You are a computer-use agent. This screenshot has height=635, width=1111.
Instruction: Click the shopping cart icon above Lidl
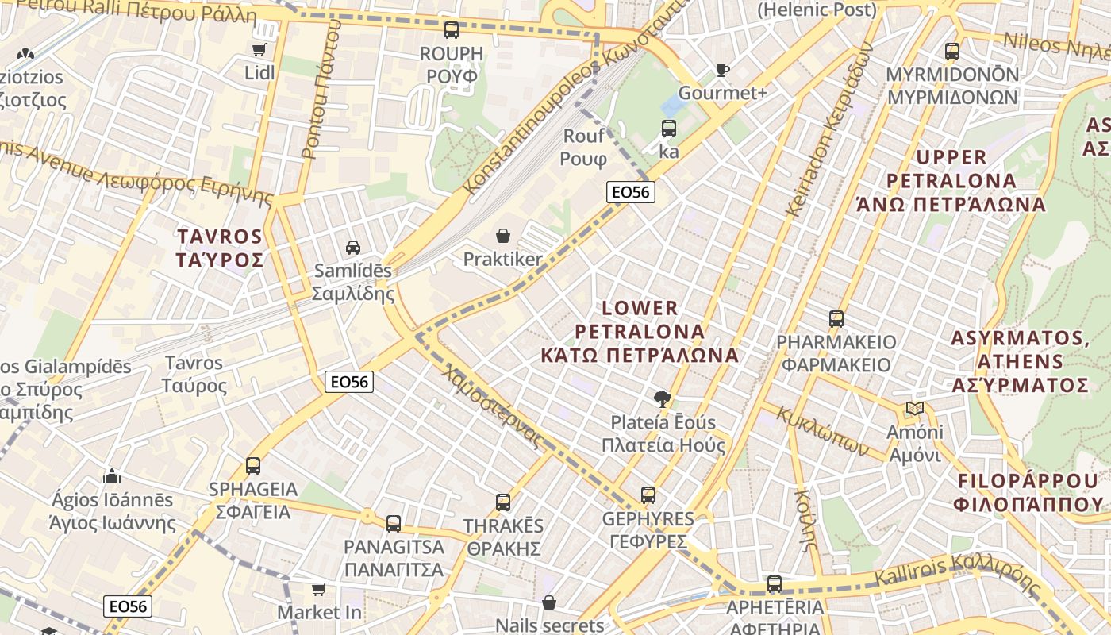(259, 50)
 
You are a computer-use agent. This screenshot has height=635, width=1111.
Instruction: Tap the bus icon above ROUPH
(452, 30)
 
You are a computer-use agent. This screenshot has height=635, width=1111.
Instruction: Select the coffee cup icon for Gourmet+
(722, 70)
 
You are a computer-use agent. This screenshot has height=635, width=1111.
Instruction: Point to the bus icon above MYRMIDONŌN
(952, 52)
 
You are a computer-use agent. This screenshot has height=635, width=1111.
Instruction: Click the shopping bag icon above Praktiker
(502, 236)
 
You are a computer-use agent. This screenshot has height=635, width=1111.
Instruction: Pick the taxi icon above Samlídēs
(353, 247)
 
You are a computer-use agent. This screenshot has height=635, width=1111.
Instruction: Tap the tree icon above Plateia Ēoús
(661, 398)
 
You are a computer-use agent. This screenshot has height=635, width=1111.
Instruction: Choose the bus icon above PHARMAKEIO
(836, 319)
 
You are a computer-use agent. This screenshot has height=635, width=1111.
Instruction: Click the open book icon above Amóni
(915, 409)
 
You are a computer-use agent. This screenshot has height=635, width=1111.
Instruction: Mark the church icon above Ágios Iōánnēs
(112, 476)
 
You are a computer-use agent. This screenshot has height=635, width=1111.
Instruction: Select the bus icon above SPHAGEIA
(253, 465)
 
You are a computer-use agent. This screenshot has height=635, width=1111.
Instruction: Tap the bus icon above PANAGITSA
(394, 524)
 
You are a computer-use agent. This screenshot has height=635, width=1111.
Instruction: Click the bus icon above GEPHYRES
(648, 495)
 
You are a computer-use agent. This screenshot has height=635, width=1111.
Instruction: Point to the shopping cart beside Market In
(318, 589)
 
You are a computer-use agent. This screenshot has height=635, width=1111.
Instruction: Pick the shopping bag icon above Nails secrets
(548, 602)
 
